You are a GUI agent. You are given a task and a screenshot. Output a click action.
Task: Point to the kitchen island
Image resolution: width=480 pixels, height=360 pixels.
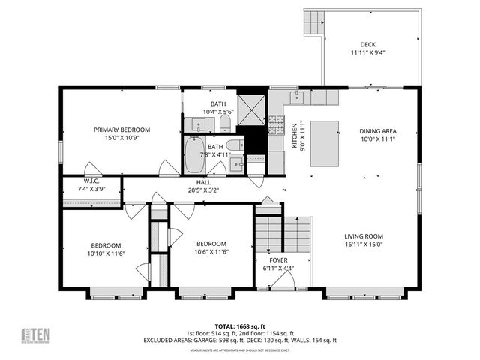(x=323, y=142)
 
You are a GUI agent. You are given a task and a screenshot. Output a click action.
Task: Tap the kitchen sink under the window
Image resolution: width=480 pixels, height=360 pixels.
(x=298, y=97)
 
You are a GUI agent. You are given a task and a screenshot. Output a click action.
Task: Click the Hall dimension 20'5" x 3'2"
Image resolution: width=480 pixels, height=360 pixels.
(x=204, y=190)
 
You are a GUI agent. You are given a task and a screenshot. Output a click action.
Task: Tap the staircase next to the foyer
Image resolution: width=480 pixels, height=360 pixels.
(x=285, y=233)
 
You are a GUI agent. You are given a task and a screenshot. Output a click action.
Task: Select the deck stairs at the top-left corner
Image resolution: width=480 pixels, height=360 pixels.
(x=313, y=22)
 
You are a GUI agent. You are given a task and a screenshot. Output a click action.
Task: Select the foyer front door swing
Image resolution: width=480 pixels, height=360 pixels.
(x=282, y=280)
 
